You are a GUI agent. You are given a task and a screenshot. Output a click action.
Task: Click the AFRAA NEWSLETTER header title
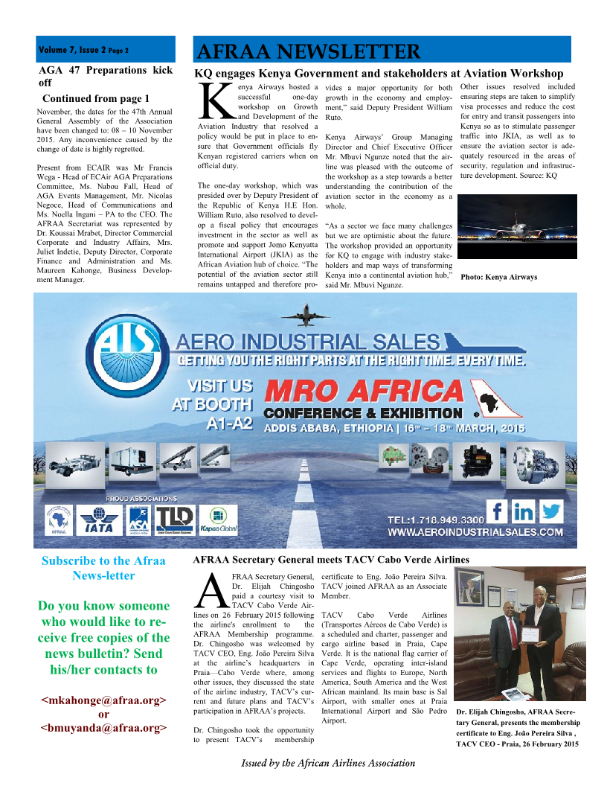pos(308,51)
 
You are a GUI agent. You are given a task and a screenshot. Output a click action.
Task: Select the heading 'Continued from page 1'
pos(96,98)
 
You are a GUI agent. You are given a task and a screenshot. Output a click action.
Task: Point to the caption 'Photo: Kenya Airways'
pos(498,277)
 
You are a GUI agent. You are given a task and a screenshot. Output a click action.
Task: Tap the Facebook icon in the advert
pos(498,511)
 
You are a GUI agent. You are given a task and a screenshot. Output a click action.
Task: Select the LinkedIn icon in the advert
pos(524,511)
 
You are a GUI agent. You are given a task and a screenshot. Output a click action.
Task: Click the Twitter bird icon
pos(551,511)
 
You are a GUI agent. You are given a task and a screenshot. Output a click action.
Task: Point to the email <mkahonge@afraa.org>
pos(103,700)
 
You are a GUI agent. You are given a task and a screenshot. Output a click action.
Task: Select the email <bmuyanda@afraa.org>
pos(103,727)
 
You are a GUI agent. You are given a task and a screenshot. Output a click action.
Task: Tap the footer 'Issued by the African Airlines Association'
pos(328,763)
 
